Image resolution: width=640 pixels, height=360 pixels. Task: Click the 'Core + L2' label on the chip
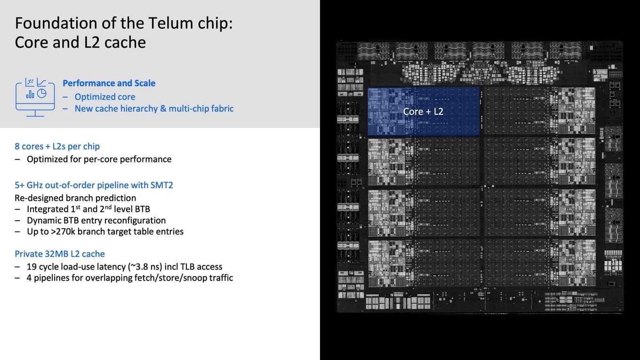(x=423, y=112)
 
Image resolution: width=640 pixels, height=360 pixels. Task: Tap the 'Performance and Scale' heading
(x=109, y=83)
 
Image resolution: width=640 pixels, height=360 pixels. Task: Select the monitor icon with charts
(x=35, y=97)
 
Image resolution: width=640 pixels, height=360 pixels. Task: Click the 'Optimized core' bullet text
(x=105, y=97)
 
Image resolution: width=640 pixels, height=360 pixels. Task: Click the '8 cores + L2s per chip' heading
(x=57, y=146)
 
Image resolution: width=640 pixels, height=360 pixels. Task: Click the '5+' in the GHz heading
(x=19, y=185)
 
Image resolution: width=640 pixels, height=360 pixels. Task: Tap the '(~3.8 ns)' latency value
(x=145, y=266)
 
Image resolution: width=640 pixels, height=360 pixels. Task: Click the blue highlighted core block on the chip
(x=424, y=112)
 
